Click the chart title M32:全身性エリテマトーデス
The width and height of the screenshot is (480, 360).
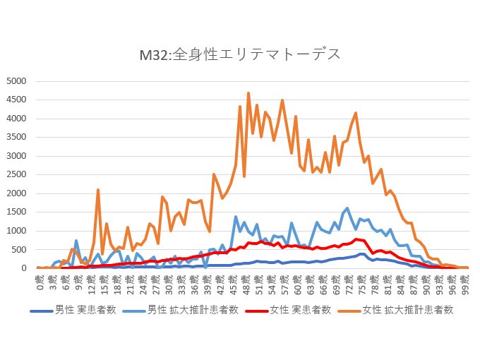pyautogui.click(x=240, y=54)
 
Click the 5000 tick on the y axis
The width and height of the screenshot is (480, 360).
pyautogui.click(x=16, y=81)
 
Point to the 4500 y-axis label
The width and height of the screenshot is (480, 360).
pyautogui.click(x=16, y=100)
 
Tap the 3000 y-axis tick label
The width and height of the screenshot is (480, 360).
pyautogui.click(x=16, y=156)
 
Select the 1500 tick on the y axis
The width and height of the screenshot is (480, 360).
pyautogui.click(x=16, y=212)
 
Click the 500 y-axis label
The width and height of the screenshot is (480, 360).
pyautogui.click(x=18, y=249)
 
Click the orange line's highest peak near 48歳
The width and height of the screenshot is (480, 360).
pyautogui.click(x=248, y=92)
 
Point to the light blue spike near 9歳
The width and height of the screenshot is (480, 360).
pyautogui.click(x=76, y=241)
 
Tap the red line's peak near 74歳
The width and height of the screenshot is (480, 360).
pyautogui.click(x=357, y=239)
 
